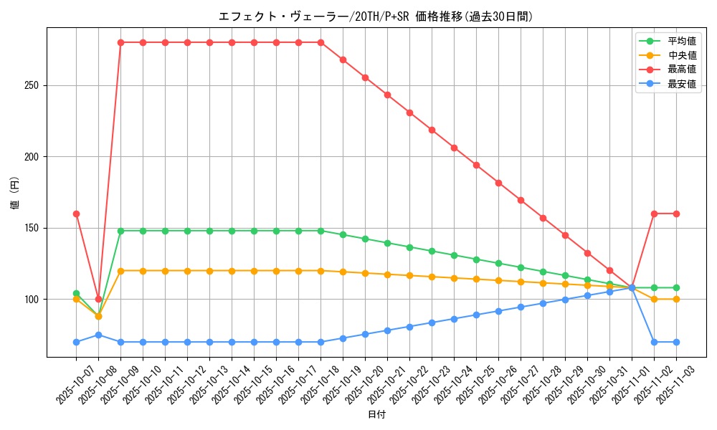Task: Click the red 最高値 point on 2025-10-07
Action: click(76, 214)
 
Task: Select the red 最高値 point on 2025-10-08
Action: click(98, 299)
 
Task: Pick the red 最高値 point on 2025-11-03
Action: click(676, 214)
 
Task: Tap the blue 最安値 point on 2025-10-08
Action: click(98, 335)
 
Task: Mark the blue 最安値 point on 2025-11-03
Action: click(676, 342)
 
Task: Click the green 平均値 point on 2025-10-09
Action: click(120, 231)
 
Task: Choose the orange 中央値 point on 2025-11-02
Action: click(654, 299)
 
